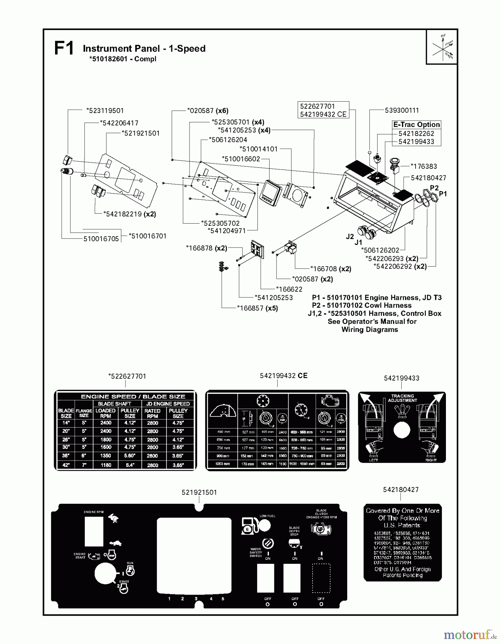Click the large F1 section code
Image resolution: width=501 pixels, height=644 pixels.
[64, 48]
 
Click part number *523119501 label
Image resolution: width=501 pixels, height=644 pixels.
[105, 111]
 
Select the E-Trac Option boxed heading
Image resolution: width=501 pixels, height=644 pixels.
[416, 125]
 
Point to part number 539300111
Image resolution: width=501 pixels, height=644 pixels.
[402, 110]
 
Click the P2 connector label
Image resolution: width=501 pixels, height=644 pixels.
[434, 188]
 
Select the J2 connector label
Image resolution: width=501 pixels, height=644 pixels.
[350, 236]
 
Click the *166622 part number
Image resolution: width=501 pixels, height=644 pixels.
[289, 289]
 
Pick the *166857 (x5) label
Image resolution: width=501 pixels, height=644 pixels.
[257, 308]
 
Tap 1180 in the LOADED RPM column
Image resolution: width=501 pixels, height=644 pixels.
[105, 465]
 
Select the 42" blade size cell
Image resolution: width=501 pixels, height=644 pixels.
[66, 465]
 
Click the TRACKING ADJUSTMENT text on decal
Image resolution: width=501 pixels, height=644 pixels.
[402, 398]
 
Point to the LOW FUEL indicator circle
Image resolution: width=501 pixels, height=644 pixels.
[264, 526]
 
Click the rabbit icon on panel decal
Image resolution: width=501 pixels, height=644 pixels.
[114, 518]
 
